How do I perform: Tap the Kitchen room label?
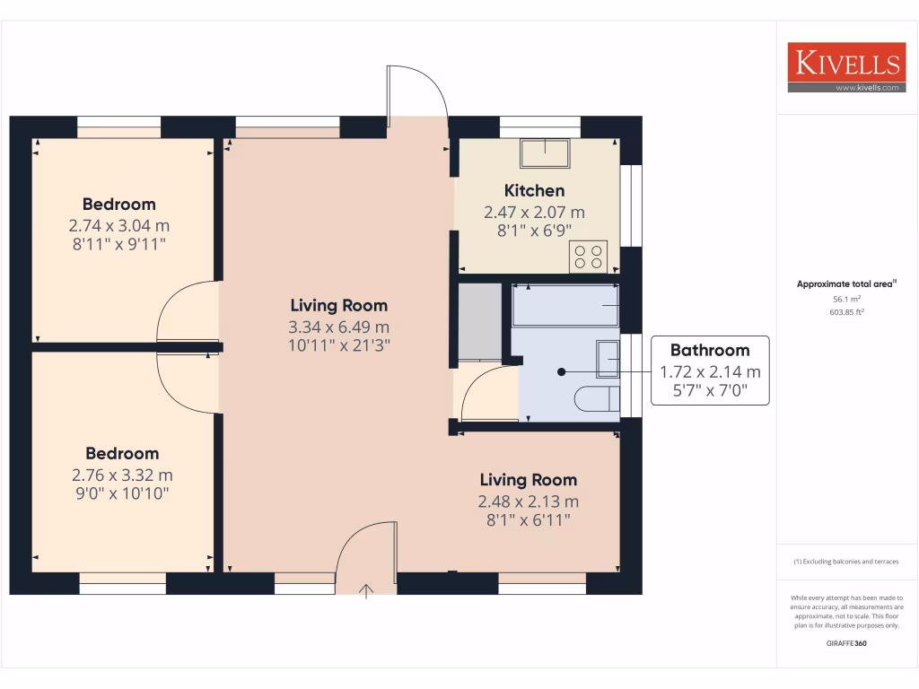pyautogui.click(x=534, y=190)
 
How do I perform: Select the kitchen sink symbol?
pyautogui.click(x=544, y=153)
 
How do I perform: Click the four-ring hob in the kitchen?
pyautogui.click(x=589, y=257)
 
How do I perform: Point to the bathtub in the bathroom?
pyautogui.click(x=565, y=306)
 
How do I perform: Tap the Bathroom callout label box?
pyautogui.click(x=710, y=371)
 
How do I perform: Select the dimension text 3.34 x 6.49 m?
pyautogui.click(x=338, y=327)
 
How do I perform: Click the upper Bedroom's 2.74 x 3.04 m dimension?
pyautogui.click(x=119, y=225)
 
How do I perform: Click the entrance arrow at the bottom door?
pyautogui.click(x=366, y=589)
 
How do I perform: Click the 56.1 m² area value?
pyautogui.click(x=847, y=299)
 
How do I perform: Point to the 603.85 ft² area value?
pyautogui.click(x=847, y=312)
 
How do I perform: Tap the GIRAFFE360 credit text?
pyautogui.click(x=847, y=643)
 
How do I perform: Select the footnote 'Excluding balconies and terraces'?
pyautogui.click(x=846, y=562)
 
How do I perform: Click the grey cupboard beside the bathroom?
pyautogui.click(x=479, y=322)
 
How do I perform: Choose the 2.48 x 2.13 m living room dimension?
pyautogui.click(x=528, y=501)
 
